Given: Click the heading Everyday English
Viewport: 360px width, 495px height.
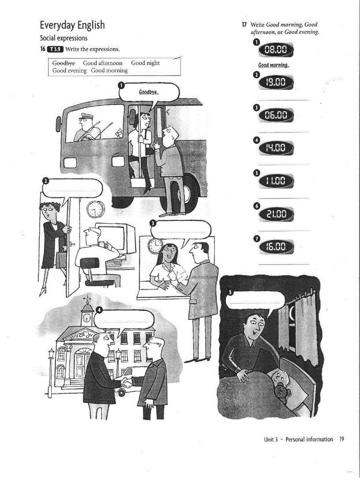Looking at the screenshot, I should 72,25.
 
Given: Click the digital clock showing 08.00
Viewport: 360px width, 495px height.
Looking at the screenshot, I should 276,51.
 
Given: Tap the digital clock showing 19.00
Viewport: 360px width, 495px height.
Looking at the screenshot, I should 276,82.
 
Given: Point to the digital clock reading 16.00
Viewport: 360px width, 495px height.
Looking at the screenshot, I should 276,248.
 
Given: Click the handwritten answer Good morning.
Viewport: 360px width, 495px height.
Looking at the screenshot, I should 274,65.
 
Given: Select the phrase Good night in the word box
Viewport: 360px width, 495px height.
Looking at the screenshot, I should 145,63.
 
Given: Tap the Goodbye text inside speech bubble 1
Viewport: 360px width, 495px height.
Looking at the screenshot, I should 149,93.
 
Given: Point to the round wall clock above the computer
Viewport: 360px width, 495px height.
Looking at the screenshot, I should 94,208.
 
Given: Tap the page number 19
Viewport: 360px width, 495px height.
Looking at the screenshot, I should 341,439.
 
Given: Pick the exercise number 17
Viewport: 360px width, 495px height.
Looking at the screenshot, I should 244,25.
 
